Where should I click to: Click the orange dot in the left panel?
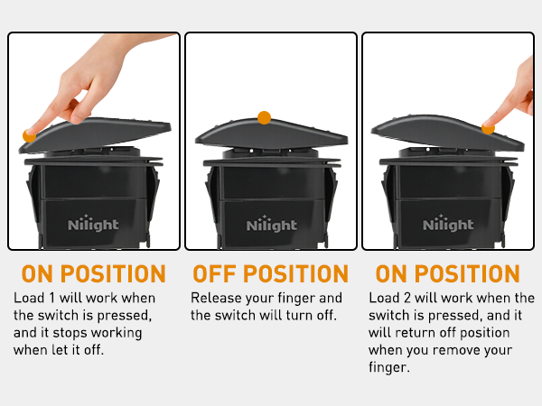(x=29, y=135)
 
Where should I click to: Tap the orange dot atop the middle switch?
(x=264, y=117)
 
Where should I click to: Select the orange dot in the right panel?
(x=488, y=128)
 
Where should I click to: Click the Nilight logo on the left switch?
(x=93, y=224)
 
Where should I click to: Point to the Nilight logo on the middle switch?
(x=271, y=224)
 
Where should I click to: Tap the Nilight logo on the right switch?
(x=448, y=223)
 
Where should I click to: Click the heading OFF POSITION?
(x=271, y=273)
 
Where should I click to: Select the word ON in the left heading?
(x=37, y=273)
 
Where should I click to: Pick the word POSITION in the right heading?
(x=467, y=273)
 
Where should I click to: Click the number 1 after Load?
(x=52, y=298)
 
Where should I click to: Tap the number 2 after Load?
(x=407, y=298)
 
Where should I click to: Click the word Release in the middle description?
(x=216, y=298)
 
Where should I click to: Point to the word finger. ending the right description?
(x=388, y=367)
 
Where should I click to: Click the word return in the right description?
(x=416, y=333)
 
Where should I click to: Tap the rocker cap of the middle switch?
(x=271, y=134)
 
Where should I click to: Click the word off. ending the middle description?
(x=327, y=315)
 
